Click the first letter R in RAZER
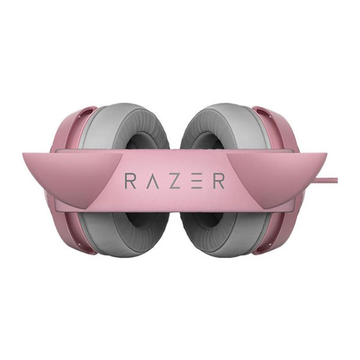tap(130, 181)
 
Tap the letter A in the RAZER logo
tap(152, 181)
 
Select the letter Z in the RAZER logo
tap(174, 181)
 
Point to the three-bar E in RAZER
tap(197, 181)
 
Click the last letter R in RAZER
tap(219, 181)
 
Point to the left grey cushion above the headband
tap(122, 128)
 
